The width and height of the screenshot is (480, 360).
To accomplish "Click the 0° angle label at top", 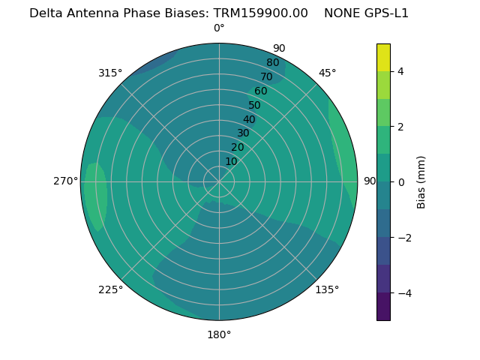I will (219, 28).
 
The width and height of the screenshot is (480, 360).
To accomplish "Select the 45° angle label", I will (327, 73).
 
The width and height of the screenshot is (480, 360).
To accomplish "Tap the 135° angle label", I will (327, 289).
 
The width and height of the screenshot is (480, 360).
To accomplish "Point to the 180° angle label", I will (219, 334).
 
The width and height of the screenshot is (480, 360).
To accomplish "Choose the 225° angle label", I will (110, 289).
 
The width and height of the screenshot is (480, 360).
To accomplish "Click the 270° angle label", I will (66, 181).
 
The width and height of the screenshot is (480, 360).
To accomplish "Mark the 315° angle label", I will (110, 73).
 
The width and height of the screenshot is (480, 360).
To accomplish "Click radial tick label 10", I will (231, 161).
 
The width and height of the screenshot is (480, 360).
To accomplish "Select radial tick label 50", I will (254, 105).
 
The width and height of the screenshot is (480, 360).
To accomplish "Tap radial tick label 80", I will (272, 63).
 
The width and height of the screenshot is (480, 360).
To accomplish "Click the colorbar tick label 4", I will (400, 71).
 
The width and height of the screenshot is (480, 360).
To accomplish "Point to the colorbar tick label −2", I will (400, 238).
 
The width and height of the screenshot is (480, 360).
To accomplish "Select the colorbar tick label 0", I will (400, 182).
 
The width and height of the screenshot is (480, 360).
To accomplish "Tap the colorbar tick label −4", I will (400, 293).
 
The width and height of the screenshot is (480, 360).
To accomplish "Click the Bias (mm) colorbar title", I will (421, 182).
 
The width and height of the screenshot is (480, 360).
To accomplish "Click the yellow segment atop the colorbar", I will (383, 57).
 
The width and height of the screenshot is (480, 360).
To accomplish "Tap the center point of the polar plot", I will (219, 181).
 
